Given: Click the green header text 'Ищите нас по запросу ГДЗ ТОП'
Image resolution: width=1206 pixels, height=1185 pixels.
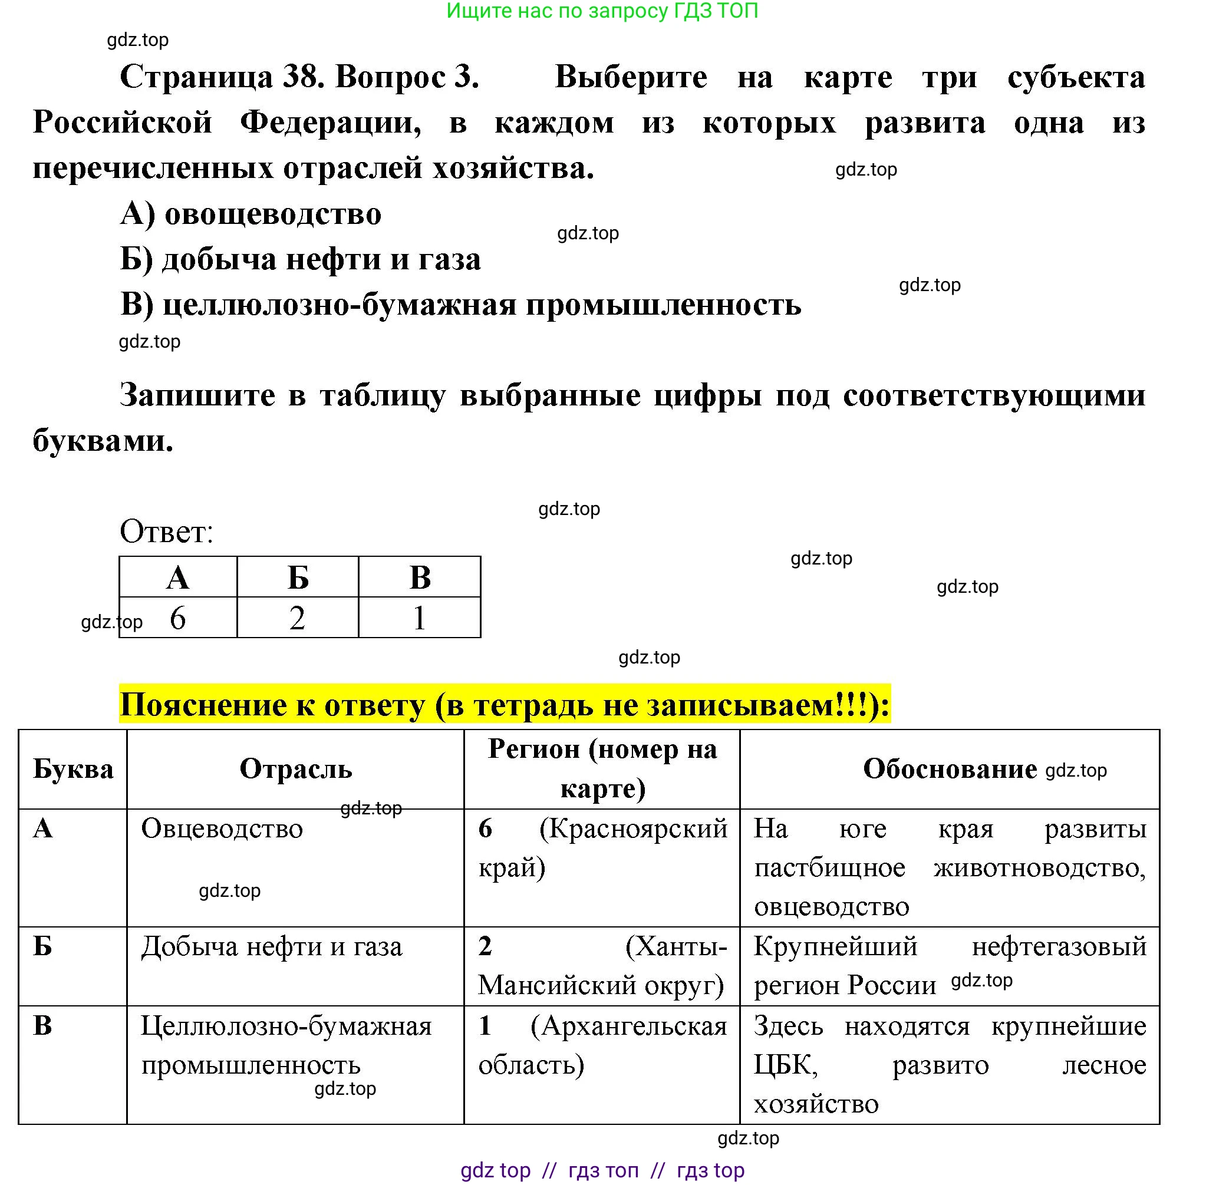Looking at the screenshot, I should click(602, 11).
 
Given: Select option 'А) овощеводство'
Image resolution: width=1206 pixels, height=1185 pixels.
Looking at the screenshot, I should click(251, 214).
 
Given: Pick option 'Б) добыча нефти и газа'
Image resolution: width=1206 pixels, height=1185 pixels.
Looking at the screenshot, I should click(300, 259).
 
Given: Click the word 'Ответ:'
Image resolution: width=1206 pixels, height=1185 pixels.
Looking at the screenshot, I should click(166, 532).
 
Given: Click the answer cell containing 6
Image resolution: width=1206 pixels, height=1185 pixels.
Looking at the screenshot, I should click(178, 618).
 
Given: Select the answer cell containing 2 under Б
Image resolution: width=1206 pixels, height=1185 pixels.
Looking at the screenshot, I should click(298, 618).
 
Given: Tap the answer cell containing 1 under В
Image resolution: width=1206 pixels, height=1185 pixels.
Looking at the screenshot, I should click(419, 618).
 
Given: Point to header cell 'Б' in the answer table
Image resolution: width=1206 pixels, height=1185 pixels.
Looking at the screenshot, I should click(298, 577).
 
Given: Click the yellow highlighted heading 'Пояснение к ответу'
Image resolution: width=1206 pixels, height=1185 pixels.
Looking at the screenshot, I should click(505, 705).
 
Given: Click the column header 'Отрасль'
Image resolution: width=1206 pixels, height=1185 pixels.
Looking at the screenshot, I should click(296, 769).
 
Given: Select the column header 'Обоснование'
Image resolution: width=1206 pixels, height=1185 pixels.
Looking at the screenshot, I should click(949, 769).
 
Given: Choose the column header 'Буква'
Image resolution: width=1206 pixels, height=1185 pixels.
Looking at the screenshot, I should click(73, 769).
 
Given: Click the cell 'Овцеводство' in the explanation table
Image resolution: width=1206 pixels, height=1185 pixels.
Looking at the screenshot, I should click(222, 829).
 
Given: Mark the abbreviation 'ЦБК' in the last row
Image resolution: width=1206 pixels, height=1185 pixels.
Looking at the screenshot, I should click(785, 1065).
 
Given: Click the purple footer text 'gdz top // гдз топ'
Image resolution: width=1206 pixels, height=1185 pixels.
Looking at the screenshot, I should click(550, 1171).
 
